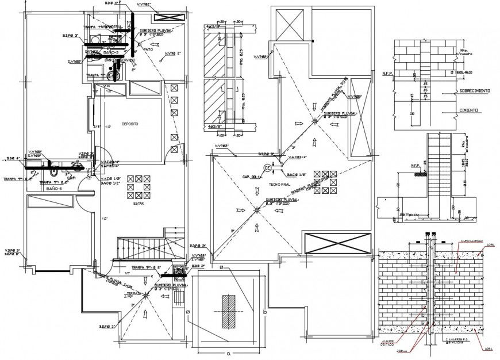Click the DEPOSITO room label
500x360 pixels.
130,124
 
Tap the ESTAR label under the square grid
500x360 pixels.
139,202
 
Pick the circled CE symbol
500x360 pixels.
267,167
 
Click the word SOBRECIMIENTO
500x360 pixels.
474,91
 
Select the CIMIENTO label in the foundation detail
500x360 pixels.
470,109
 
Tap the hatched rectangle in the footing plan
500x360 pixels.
229,310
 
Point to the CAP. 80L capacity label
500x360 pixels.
253,177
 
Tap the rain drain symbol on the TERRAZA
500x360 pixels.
147,296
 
